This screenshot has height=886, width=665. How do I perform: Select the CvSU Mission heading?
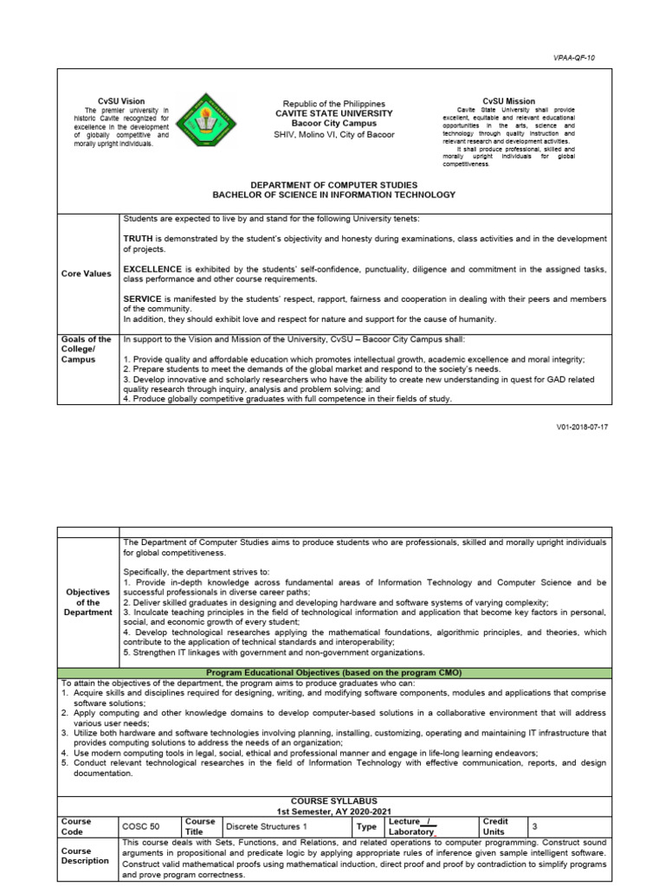[x=508, y=101]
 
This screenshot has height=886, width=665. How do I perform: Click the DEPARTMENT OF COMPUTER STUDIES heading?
[x=333, y=185]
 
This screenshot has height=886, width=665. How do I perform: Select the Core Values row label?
[x=86, y=273]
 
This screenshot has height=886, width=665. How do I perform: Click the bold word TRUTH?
[x=139, y=237]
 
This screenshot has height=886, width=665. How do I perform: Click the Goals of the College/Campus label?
[x=86, y=349]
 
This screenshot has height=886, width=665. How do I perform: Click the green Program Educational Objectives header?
[x=333, y=671]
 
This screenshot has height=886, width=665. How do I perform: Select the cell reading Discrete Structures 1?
[x=261, y=825]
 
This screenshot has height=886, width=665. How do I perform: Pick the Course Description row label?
[x=85, y=856]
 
